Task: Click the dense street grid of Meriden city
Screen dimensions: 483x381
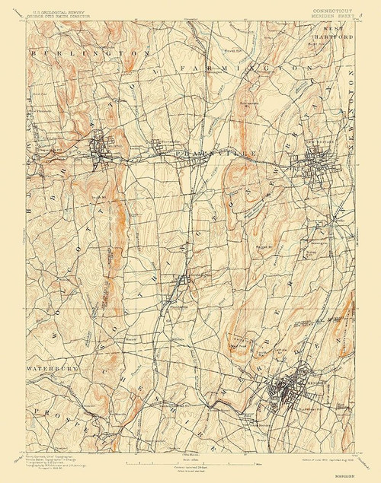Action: point(288,389)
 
